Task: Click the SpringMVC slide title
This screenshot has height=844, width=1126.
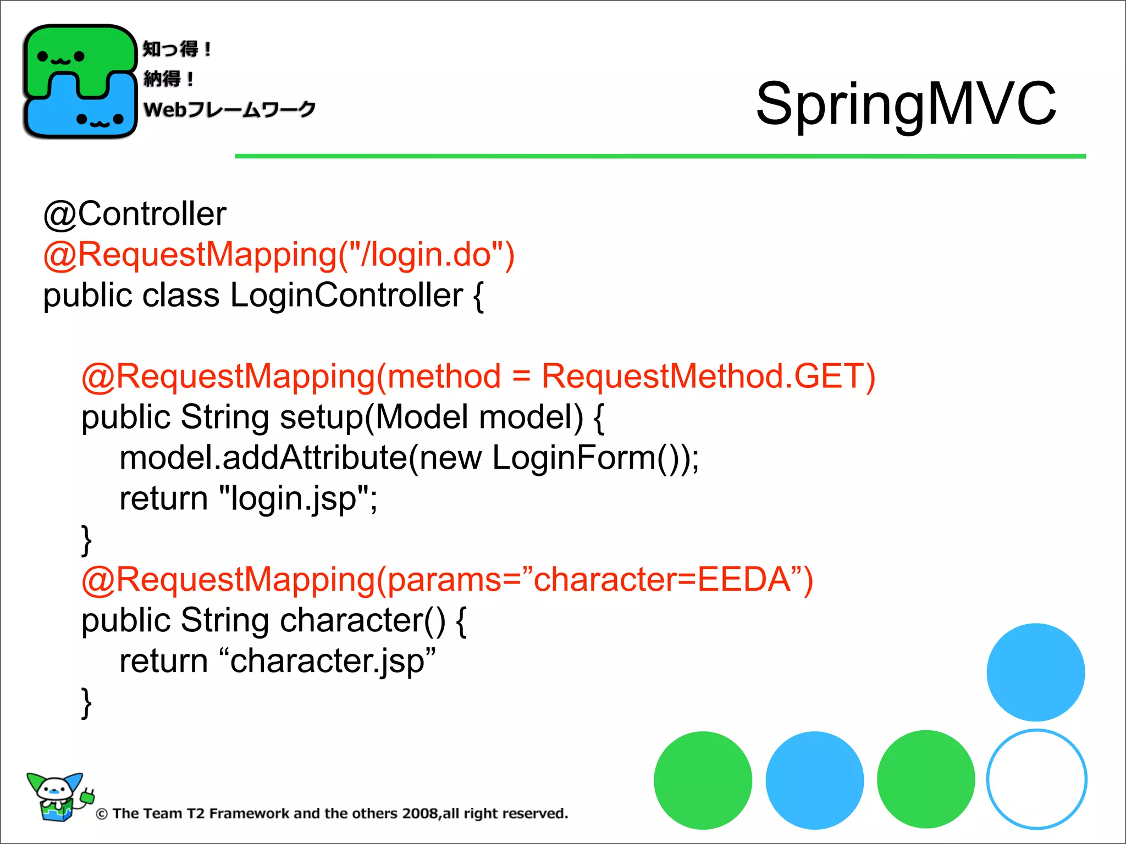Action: point(906,103)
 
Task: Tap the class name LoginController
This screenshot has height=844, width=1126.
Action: point(346,295)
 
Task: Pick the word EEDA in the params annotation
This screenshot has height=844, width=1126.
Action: point(744,580)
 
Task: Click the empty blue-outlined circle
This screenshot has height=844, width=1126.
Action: point(1036,779)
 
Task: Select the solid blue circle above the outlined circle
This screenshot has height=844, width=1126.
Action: point(1035,672)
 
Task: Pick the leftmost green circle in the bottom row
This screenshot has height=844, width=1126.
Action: point(703,780)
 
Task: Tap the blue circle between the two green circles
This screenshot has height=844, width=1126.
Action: point(814,780)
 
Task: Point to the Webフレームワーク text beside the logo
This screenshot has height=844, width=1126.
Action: point(229,109)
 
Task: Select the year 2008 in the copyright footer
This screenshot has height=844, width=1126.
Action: point(420,813)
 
